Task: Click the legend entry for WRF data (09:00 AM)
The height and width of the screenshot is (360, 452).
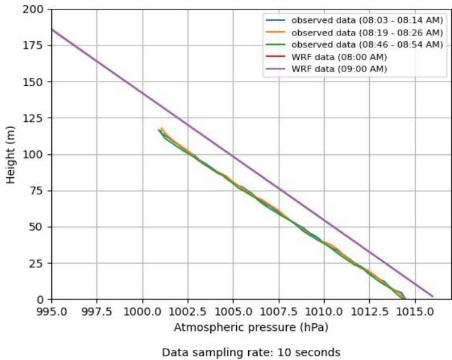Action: point(338,68)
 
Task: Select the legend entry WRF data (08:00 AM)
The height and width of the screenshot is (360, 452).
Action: point(338,56)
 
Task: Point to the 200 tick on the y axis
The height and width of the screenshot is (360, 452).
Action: point(35,10)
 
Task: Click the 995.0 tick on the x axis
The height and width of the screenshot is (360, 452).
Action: point(52,311)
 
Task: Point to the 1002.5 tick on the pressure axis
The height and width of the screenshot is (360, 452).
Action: point(188,311)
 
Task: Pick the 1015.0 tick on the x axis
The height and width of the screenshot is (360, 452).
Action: point(415,311)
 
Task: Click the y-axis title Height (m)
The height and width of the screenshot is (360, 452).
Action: point(11,154)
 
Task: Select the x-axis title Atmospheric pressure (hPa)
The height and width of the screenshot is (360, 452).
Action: point(251,328)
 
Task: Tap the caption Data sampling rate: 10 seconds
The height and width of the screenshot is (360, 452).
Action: point(251,352)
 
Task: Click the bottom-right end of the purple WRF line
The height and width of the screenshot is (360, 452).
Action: point(432,295)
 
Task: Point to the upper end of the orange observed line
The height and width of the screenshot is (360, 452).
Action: point(161,128)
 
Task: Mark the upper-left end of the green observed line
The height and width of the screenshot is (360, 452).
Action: point(159,130)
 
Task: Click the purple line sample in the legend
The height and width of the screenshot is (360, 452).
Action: point(275,68)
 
